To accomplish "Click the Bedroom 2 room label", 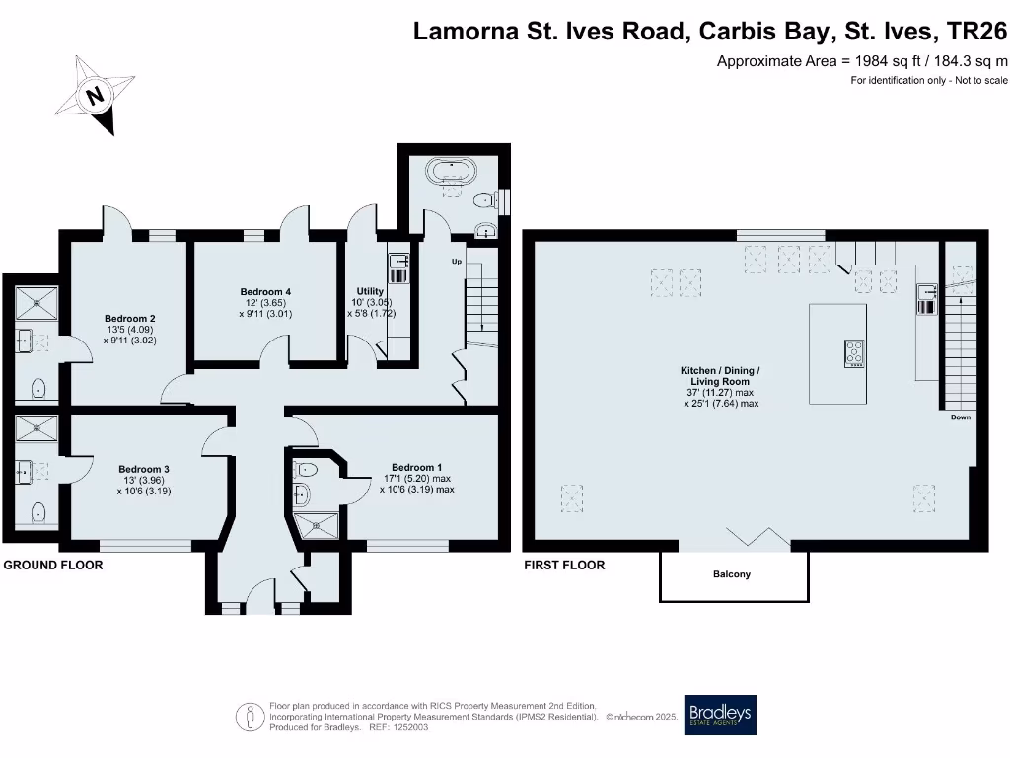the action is [x=129, y=319].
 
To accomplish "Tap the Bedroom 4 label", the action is [x=265, y=292].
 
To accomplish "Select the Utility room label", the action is [x=370, y=291].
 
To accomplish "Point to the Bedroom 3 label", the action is [x=144, y=469].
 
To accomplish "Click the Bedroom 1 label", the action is [x=417, y=467].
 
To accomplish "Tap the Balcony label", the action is [x=732, y=574].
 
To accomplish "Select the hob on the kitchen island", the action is [x=854, y=354].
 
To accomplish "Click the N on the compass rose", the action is [x=96, y=96].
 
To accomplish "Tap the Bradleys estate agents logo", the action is [x=720, y=715].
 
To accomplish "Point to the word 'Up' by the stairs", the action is [x=457, y=261].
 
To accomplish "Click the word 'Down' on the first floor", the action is [x=961, y=417].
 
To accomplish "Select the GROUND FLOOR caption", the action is [x=53, y=566].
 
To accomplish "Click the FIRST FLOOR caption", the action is [x=564, y=566].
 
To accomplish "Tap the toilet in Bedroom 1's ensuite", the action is [x=304, y=469].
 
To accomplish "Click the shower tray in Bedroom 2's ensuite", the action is [x=36, y=304].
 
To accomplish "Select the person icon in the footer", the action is [x=250, y=717].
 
